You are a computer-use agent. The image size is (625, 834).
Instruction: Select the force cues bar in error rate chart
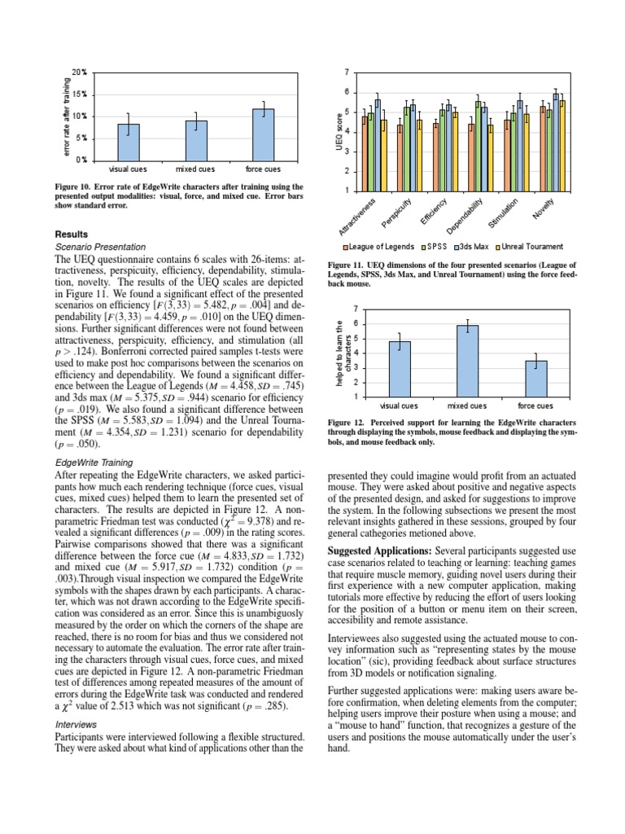pyautogui.click(x=263, y=134)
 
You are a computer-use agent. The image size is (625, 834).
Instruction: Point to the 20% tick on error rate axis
pyautogui.click(x=78, y=72)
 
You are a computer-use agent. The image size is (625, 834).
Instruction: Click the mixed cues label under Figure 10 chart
pyautogui.click(x=195, y=169)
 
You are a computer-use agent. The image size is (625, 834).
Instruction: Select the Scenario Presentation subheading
pyautogui.click(x=99, y=246)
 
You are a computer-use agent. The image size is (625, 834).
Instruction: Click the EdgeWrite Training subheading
pyautogui.click(x=93, y=462)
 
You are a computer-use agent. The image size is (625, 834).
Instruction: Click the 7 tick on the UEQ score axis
pyautogui.click(x=345, y=72)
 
